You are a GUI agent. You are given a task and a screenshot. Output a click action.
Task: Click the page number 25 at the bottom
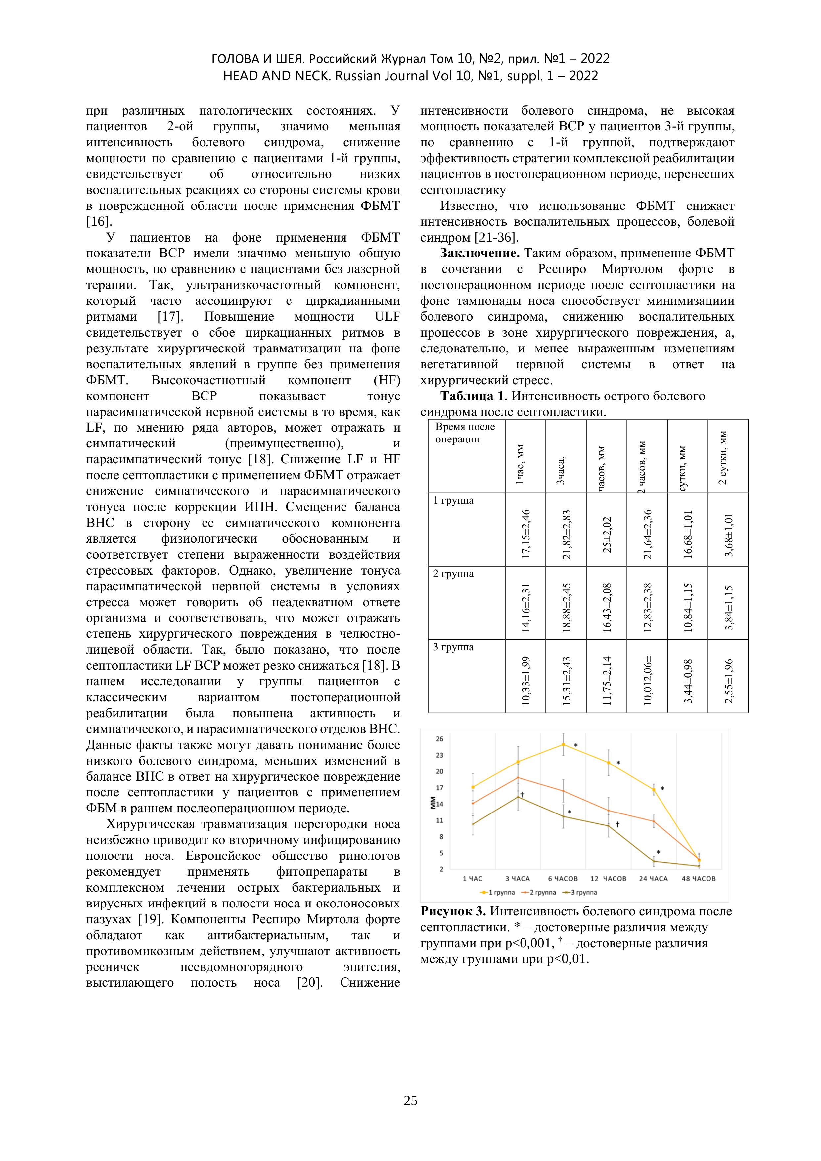[410, 1101]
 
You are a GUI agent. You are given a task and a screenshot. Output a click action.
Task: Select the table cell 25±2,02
[607, 534]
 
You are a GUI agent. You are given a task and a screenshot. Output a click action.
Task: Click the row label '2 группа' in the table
[453, 574]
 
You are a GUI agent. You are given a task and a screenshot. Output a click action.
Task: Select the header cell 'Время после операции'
[465, 433]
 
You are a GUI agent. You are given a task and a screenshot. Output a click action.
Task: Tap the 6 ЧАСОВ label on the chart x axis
[563, 879]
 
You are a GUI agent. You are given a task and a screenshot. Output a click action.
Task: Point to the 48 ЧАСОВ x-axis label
[699, 879]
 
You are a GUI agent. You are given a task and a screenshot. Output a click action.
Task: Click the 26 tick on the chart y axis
[439, 739]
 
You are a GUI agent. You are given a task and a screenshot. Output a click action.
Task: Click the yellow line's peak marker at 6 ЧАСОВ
[563, 744]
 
